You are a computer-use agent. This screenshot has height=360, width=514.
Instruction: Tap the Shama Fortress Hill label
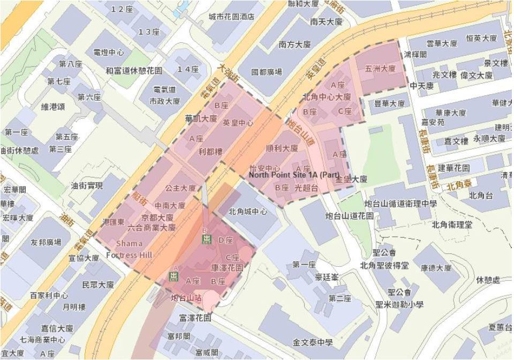(x=130, y=249)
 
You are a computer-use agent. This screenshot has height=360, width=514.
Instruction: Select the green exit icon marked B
(x=206, y=238)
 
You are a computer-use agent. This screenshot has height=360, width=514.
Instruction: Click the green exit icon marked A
(x=173, y=275)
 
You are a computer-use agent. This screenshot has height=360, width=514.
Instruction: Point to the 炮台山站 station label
(x=186, y=298)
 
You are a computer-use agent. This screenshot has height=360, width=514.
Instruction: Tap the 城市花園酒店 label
(x=231, y=17)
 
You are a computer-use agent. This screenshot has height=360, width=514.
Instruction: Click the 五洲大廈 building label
(x=380, y=69)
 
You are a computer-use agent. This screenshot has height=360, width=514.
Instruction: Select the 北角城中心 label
(x=247, y=211)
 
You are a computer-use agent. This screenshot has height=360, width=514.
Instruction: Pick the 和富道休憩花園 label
(x=133, y=70)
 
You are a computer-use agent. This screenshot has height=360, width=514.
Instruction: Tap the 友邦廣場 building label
(x=46, y=243)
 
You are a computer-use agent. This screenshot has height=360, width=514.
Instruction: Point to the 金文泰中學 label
(x=313, y=342)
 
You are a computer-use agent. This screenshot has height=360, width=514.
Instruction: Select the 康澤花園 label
(x=227, y=267)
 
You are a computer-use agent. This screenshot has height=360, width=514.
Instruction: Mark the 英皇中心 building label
(x=238, y=123)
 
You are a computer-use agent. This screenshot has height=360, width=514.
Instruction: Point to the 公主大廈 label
(x=180, y=188)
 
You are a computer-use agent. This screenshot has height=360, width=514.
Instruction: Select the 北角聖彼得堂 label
(x=384, y=266)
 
